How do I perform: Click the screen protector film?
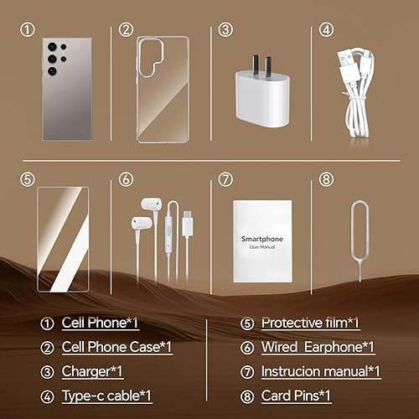[64, 238]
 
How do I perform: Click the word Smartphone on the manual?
[260, 238]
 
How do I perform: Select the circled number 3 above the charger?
[225, 29]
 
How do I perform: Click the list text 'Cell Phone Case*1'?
[117, 347]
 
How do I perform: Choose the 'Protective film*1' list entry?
[309, 323]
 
